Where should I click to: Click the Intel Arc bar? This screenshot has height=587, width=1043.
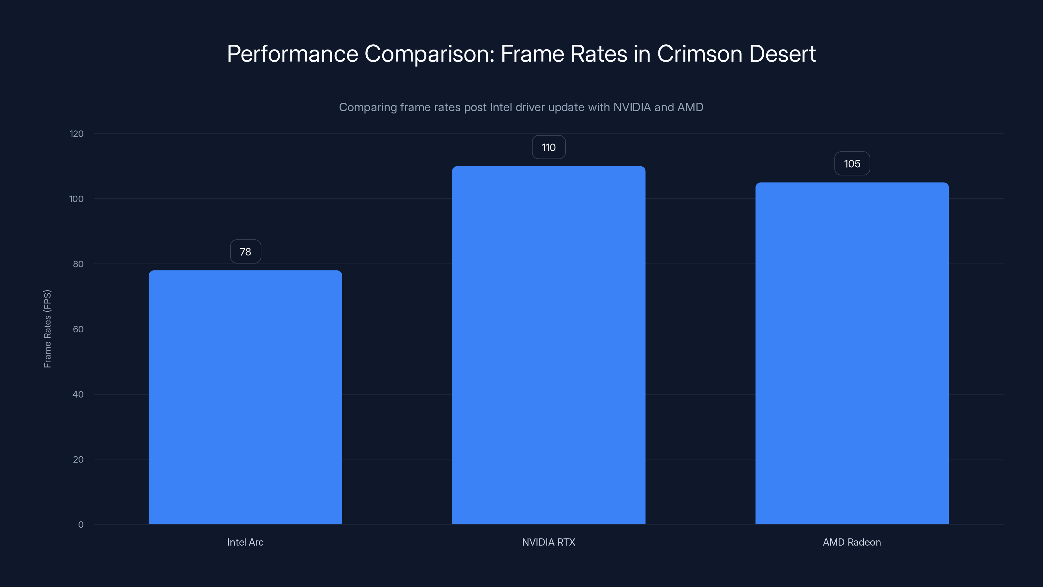245,397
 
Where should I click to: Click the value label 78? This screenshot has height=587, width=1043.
245,251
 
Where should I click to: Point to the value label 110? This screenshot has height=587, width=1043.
549,147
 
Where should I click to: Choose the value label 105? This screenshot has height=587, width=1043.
852,164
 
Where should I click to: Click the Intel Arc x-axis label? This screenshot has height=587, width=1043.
245,542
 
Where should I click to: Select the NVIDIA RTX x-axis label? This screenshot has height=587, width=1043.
549,542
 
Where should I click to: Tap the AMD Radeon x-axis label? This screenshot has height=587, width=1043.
852,542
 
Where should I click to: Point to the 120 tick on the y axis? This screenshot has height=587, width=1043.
77,134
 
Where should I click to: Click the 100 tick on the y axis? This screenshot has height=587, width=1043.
77,199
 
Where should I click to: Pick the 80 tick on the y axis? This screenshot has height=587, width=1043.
78,264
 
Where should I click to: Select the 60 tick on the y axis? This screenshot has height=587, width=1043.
78,329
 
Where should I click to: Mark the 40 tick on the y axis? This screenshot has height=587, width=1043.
78,394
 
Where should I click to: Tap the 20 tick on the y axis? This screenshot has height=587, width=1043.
78,459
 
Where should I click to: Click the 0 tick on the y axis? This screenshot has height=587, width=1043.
81,525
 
